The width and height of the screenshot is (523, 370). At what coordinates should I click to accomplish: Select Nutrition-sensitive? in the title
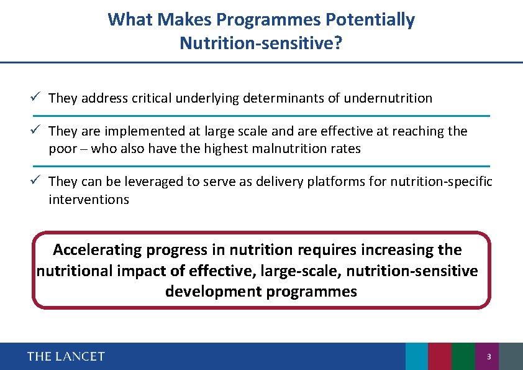[x=261, y=43]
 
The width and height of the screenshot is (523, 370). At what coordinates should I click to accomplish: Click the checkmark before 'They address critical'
[x=37, y=98]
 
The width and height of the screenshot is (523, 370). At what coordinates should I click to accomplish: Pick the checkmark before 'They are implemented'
[x=37, y=131]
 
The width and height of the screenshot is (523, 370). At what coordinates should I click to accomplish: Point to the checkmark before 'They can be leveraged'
[x=37, y=181]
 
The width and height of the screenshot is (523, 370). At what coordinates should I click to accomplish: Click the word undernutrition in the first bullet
[x=388, y=98]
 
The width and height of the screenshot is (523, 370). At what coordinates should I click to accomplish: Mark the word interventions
[x=89, y=200]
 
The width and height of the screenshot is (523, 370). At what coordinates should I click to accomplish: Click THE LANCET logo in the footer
[x=66, y=356]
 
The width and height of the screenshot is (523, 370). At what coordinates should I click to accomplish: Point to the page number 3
[x=489, y=357]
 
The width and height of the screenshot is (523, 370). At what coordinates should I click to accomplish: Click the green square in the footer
[x=463, y=356]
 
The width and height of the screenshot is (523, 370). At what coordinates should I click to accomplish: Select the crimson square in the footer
[x=440, y=356]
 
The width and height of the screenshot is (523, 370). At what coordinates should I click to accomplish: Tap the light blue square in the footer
[x=416, y=356]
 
